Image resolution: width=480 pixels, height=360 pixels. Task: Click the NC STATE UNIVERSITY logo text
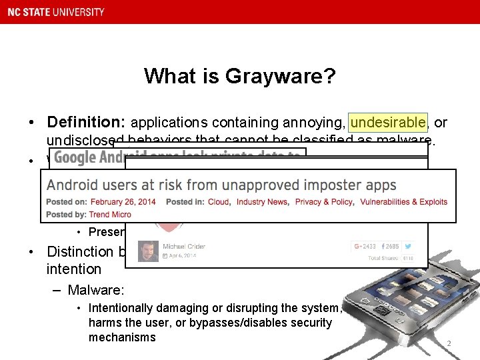(55, 11)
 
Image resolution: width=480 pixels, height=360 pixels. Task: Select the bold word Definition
(86, 123)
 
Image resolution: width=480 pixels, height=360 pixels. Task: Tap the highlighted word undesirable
(388, 123)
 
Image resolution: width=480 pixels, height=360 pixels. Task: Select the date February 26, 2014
(123, 202)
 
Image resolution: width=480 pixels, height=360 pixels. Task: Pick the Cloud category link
(219, 202)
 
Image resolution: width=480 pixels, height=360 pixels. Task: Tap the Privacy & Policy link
(324, 202)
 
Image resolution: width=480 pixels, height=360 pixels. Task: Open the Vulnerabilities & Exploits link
(403, 202)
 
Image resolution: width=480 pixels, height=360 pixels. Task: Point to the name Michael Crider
(185, 247)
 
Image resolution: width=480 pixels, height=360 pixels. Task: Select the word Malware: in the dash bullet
(97, 290)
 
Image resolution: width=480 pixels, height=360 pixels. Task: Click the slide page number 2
(449, 344)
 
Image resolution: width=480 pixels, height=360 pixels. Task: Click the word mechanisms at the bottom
(122, 337)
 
